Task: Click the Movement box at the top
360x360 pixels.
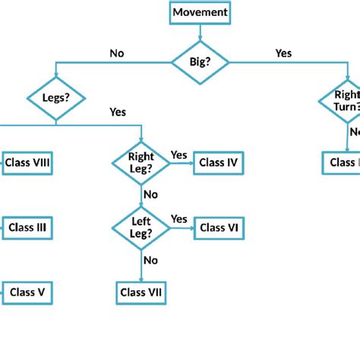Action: click(200, 12)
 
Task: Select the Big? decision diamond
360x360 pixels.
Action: click(200, 63)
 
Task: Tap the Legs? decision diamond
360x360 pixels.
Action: click(55, 98)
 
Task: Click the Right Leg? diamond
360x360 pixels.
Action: click(141, 162)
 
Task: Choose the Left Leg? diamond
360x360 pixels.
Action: click(141, 227)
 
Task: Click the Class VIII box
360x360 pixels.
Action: click(27, 162)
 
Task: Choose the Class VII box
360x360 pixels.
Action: click(141, 292)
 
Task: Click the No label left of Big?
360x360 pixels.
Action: click(117, 53)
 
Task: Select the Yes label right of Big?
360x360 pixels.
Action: click(283, 53)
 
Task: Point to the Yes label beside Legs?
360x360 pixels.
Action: click(118, 112)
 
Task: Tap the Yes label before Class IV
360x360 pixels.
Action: click(178, 155)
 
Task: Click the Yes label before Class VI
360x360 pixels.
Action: click(178, 219)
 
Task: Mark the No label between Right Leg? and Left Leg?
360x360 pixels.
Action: click(150, 194)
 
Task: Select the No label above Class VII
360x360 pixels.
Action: click(150, 260)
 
